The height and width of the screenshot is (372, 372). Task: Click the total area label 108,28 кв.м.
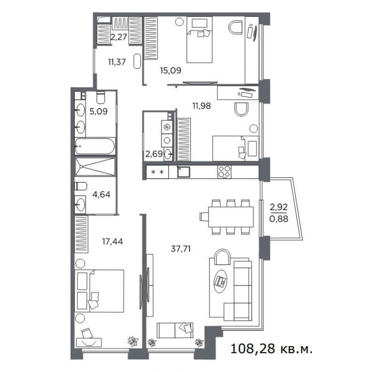coord(271,349)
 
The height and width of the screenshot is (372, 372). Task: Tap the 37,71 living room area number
coord(181,249)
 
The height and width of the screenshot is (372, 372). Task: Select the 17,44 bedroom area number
coord(112,242)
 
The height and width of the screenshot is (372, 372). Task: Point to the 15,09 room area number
coord(171,70)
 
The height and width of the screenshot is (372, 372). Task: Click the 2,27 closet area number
coord(119,37)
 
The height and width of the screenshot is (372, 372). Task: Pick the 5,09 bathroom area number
coord(98,111)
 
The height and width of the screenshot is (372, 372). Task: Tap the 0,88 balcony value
coord(279,219)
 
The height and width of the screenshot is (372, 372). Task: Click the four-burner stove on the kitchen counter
coord(224,172)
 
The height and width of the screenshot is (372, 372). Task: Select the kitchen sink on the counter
coord(183,172)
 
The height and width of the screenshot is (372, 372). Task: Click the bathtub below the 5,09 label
coord(95,146)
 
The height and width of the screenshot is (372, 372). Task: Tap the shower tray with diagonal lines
coord(95,166)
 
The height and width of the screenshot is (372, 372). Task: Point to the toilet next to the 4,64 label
coord(81,186)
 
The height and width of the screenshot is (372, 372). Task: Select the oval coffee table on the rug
coord(220,281)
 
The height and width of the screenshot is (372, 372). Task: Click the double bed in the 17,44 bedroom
coord(99,291)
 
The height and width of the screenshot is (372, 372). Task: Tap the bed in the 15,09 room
coord(199,40)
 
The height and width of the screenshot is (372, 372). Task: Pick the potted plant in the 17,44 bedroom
coord(133,341)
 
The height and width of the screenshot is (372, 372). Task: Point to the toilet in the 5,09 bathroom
coord(101,97)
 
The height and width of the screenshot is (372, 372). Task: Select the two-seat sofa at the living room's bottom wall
coord(175,330)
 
